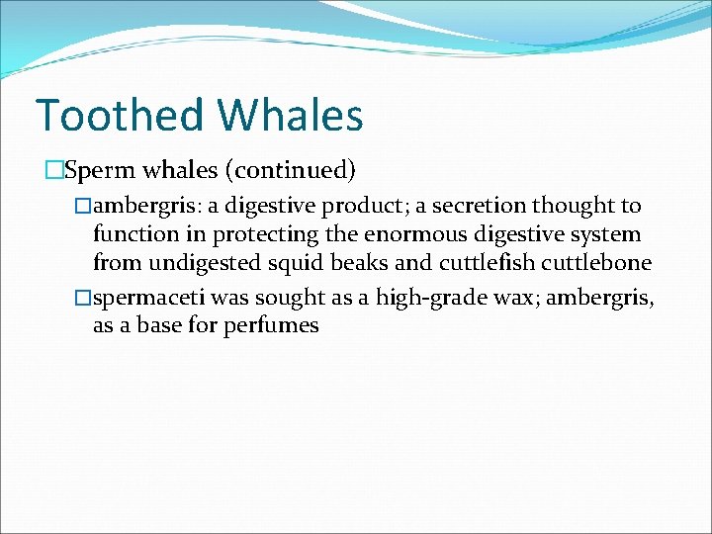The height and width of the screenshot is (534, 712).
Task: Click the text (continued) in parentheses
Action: tap(290, 170)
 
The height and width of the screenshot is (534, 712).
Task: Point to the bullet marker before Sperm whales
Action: tap(54, 170)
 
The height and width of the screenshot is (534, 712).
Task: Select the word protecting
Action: tap(282, 235)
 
